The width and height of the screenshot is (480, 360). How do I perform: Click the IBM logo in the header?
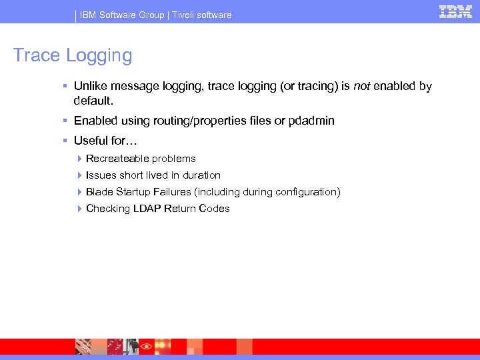click(455, 11)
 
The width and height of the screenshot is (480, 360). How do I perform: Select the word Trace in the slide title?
click(37, 55)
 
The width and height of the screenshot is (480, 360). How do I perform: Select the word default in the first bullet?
click(93, 101)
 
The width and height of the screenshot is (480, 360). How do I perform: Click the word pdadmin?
click(311, 121)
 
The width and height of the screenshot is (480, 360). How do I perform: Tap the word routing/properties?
click(203, 121)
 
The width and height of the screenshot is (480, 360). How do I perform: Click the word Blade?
click(99, 192)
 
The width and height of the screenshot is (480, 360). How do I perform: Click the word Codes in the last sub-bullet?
click(214, 209)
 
